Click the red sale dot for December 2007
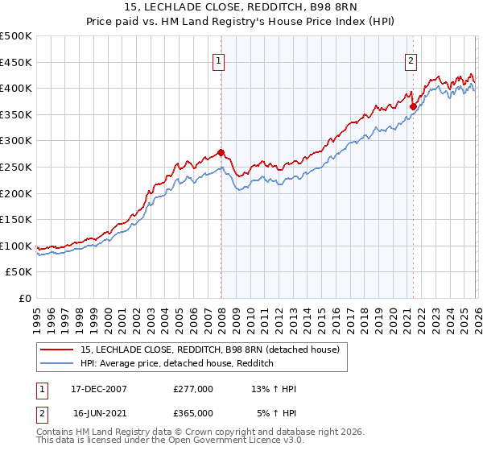click(x=221, y=152)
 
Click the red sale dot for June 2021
click(x=413, y=106)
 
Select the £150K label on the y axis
click(x=16, y=219)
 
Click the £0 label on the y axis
click(x=24, y=298)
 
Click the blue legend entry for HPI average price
click(x=177, y=364)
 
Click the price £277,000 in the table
click(x=193, y=389)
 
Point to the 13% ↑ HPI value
click(x=274, y=389)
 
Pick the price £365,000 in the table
click(x=193, y=413)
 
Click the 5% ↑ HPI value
click(x=276, y=413)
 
